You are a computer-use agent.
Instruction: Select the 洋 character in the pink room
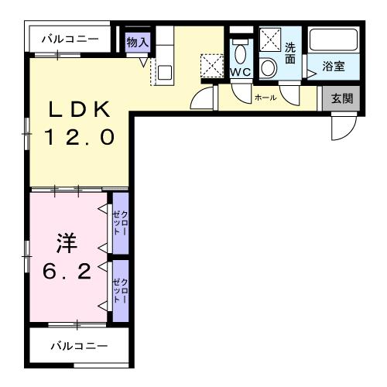click(x=64, y=245)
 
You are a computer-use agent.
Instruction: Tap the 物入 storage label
click(x=137, y=43)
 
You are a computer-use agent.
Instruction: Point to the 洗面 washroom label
click(x=290, y=53)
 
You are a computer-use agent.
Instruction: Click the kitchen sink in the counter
click(x=164, y=72)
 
